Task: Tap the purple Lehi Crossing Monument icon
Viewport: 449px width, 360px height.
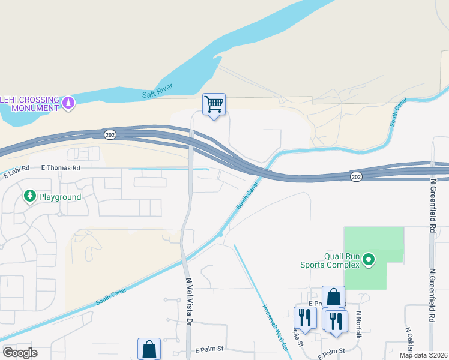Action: pyautogui.click(x=69, y=103)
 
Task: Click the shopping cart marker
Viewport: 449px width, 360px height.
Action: pyautogui.click(x=214, y=104)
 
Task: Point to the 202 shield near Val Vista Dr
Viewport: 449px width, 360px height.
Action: pyautogui.click(x=109, y=133)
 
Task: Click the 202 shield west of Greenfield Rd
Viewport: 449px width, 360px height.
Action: pyautogui.click(x=356, y=176)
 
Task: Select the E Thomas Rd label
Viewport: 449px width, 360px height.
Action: pyautogui.click(x=60, y=168)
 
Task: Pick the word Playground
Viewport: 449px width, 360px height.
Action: pyautogui.click(x=60, y=196)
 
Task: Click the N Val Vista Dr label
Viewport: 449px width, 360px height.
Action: pyautogui.click(x=188, y=301)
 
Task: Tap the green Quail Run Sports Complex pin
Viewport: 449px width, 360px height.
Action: pyautogui.click(x=369, y=260)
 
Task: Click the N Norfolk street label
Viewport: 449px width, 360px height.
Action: pyautogui.click(x=360, y=324)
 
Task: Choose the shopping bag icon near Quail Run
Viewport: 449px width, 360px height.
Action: pyautogui.click(x=333, y=297)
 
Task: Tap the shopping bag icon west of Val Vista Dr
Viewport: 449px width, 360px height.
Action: pyautogui.click(x=149, y=349)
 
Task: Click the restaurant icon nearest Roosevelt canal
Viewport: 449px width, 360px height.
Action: pyautogui.click(x=305, y=319)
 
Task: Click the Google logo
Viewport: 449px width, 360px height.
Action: pyautogui.click(x=19, y=353)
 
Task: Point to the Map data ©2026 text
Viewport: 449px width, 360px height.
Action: pyautogui.click(x=424, y=355)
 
